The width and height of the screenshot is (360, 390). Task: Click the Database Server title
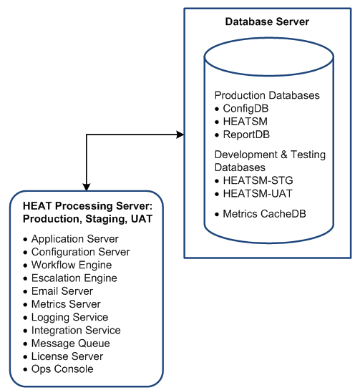coord(267,21)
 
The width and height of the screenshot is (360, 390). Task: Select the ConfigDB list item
coord(245,109)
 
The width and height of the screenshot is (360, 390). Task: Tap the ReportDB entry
coord(246,135)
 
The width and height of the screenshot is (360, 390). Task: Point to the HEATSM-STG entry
coord(258,180)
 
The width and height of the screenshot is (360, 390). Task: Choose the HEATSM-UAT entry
coord(258,193)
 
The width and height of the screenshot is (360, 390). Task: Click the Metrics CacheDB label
coord(264,214)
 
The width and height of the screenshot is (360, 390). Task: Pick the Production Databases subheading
coord(267,95)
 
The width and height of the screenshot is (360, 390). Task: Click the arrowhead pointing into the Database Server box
coord(180,135)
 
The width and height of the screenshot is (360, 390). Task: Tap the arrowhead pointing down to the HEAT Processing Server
coord(87,187)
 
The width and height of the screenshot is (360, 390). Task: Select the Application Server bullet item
coord(75,239)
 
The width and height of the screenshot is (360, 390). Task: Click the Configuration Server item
coord(81,252)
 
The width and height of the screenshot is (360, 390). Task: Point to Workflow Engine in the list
coord(72,265)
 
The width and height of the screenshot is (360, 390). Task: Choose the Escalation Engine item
coord(74,278)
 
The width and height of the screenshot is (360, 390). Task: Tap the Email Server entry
coord(62,291)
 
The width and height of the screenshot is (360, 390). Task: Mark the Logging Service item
coord(70,318)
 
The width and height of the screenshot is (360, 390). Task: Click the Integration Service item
coord(76,331)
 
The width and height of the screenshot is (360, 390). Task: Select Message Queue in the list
coord(71,343)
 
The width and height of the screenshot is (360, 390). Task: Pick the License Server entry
coord(67,356)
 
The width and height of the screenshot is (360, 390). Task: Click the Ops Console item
coord(62,369)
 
